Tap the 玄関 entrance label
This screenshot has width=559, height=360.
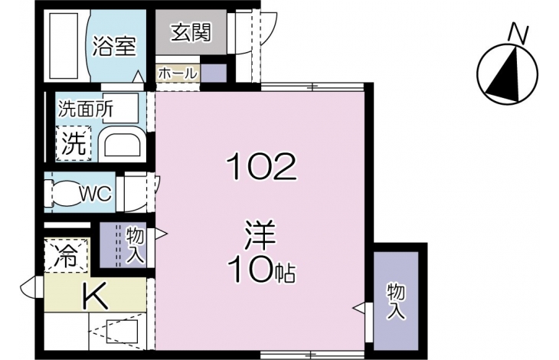(x=191, y=32)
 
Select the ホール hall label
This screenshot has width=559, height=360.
(x=177, y=74)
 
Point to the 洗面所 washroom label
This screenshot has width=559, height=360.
(x=86, y=108)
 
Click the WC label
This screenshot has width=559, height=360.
(x=96, y=194)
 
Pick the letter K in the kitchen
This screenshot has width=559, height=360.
(x=95, y=296)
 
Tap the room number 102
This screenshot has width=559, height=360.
(x=262, y=167)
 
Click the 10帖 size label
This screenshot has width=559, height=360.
(x=262, y=269)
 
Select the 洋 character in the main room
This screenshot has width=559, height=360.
(x=260, y=235)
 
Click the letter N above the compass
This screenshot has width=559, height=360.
(x=518, y=33)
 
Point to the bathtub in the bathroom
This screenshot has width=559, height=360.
(x=64, y=46)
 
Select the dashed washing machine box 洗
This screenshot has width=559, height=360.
(x=73, y=143)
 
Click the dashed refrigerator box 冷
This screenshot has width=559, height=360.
(x=66, y=256)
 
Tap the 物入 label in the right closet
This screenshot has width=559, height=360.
(x=396, y=301)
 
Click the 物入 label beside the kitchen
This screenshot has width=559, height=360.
(x=135, y=247)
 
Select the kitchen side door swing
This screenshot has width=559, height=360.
(x=28, y=287)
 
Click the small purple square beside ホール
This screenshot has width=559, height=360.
(x=214, y=73)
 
